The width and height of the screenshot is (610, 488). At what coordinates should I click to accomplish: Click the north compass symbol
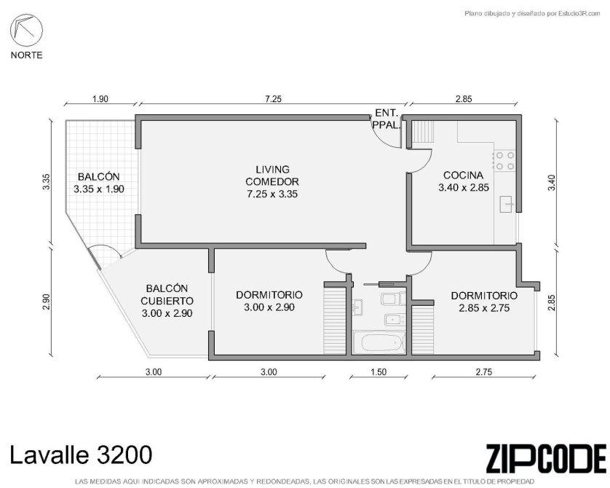coord(26,31)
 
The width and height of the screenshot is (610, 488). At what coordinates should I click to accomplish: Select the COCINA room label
coord(464,175)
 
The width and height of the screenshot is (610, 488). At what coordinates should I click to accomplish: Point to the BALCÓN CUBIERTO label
coord(167,294)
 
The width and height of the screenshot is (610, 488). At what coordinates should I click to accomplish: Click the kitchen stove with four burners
coord(504,161)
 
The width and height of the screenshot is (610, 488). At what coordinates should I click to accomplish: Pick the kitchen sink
coord(507,205)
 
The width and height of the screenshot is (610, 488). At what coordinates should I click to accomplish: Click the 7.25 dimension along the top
coord(273,99)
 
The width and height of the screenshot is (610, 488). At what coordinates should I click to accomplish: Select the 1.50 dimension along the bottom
coord(379,372)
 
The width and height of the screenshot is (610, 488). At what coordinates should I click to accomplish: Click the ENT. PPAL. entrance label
coord(386,119)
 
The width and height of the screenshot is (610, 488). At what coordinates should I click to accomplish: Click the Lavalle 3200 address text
coord(81,454)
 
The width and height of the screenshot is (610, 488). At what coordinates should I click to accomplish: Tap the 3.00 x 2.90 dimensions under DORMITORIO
coord(269,307)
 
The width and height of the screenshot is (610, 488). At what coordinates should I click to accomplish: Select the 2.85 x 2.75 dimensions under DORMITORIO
coord(484,308)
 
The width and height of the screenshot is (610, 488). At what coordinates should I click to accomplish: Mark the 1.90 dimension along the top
coord(100,99)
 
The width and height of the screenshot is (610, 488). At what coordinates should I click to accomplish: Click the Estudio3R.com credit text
coord(574,14)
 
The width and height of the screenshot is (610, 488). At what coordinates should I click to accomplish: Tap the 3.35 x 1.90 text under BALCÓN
coord(99,189)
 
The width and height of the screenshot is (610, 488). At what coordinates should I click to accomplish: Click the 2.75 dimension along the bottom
coord(483,372)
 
